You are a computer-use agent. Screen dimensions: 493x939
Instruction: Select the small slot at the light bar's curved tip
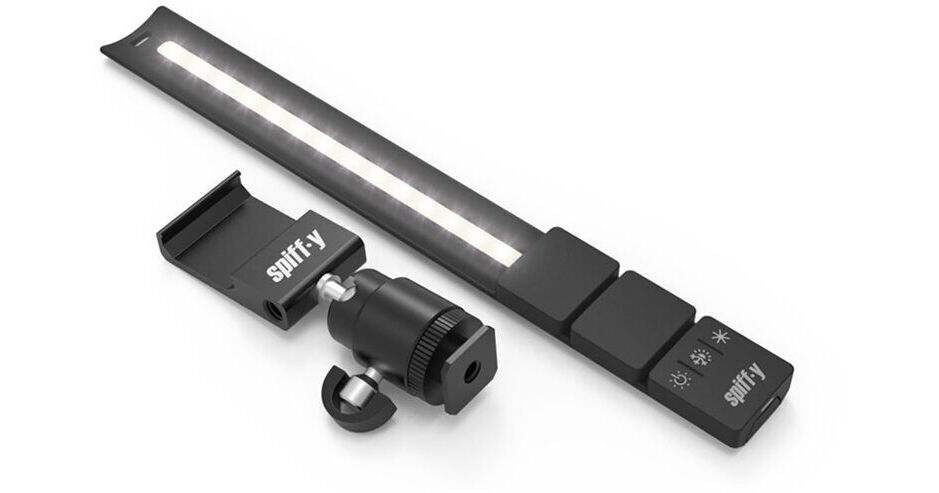click(140, 43)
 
